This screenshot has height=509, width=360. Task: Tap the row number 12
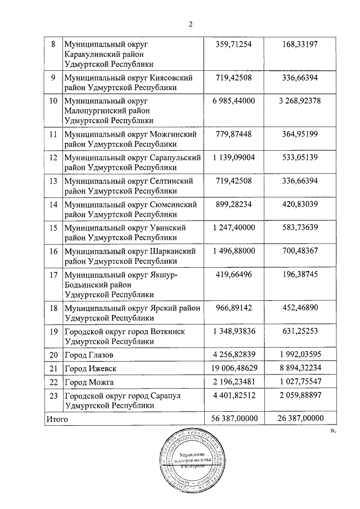(53, 157)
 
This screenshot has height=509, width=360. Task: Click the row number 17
(53, 276)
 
